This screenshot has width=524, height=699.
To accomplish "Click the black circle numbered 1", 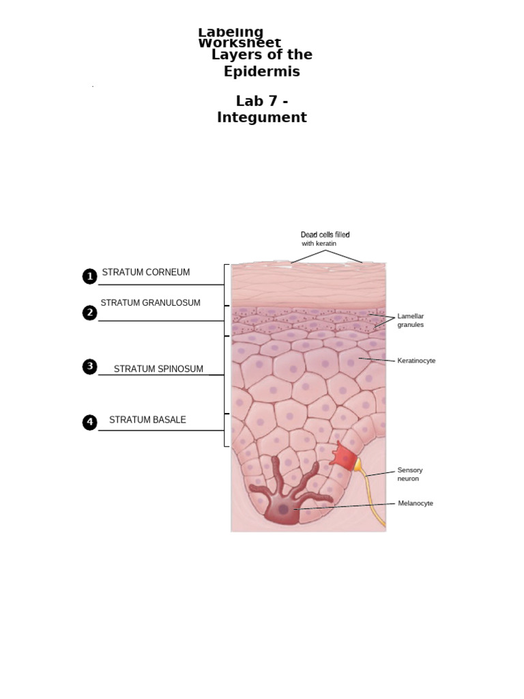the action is click(x=89, y=276).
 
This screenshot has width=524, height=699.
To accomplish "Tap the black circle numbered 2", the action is click(x=89, y=313).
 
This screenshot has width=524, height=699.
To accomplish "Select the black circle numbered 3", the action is click(x=89, y=367).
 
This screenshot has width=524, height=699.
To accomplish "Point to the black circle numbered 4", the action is click(x=89, y=423).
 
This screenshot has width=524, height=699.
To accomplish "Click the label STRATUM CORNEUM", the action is click(x=146, y=272).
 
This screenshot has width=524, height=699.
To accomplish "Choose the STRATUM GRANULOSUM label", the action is click(x=151, y=303).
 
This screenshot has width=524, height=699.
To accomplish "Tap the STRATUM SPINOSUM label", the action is click(x=158, y=369).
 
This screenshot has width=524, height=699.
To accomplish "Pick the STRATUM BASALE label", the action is click(x=147, y=420).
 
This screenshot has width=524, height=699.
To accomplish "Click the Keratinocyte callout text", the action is click(x=416, y=360).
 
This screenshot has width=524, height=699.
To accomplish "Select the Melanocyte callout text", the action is click(x=416, y=503).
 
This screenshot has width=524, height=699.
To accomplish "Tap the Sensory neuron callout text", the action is click(x=410, y=474).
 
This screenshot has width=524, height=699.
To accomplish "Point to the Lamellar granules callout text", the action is click(x=411, y=321).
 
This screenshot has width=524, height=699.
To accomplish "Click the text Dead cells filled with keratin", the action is click(x=325, y=239).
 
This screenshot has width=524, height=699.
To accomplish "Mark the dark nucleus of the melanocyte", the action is click(x=283, y=509).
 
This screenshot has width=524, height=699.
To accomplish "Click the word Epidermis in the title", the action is click(x=262, y=72).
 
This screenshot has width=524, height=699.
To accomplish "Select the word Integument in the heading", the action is click(x=262, y=117).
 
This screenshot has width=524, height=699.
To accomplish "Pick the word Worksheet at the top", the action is click(x=239, y=44).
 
